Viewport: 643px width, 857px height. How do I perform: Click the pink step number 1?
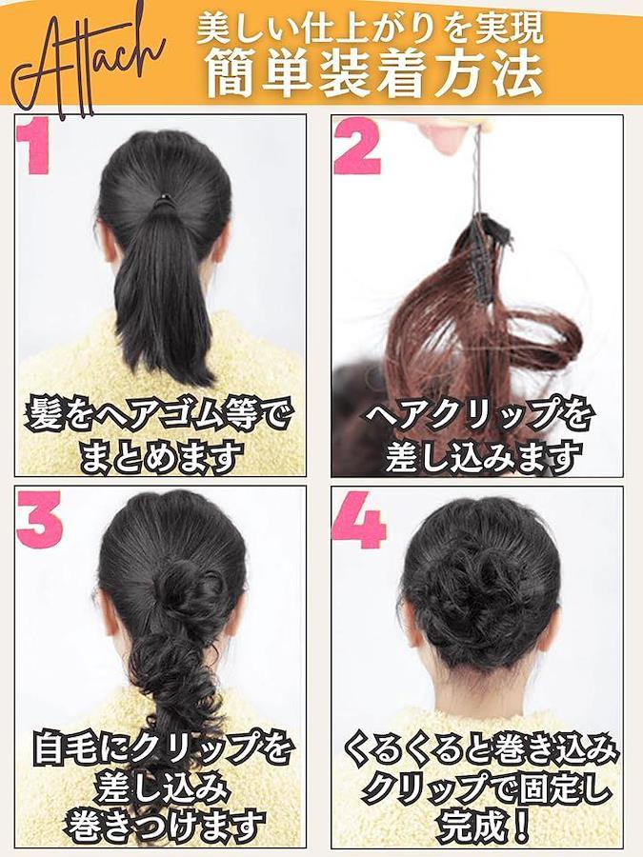tap(35, 149)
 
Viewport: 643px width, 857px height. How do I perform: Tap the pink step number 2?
tap(357, 149)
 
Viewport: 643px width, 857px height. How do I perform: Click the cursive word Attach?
tap(88, 65)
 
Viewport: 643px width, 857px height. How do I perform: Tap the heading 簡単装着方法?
tap(374, 73)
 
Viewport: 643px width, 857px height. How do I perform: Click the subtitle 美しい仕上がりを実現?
tap(371, 29)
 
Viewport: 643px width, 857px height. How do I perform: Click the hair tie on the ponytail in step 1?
tap(162, 202)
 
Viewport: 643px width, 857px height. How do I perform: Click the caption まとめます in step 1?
tap(161, 455)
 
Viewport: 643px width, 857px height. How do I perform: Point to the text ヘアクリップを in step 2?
tap(479, 414)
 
